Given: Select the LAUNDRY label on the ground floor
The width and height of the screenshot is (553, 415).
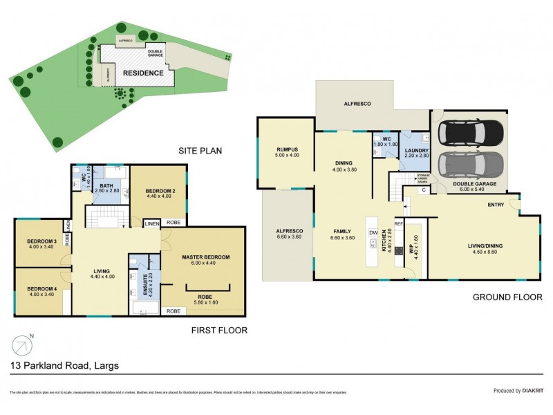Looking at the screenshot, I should tap(418, 151).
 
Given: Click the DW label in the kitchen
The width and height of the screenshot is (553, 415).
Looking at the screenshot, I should tap(373, 232).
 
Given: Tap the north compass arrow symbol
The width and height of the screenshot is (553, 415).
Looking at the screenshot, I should tap(22, 343).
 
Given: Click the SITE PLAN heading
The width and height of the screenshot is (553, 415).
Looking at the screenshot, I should tap(199, 150).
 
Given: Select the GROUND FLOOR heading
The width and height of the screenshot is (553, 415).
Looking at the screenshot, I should tap(507, 297).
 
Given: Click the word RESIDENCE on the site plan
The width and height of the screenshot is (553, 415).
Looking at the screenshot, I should tap(143, 73).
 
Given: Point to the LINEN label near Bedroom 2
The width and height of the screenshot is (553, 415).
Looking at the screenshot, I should tap(152, 223).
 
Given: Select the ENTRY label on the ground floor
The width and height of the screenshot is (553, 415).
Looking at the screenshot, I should tap(495, 204).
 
